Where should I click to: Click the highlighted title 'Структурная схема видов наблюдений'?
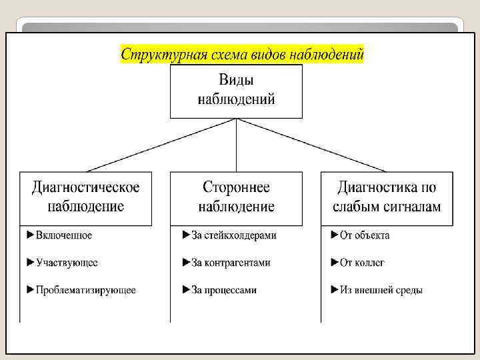(242, 54)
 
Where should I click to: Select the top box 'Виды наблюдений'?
(236, 91)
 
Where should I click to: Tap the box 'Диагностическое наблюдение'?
(85, 197)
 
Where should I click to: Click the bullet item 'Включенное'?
(63, 235)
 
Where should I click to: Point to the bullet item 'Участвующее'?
(67, 263)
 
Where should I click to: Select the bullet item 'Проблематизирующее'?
(85, 290)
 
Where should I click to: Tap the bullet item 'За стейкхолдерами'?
(233, 235)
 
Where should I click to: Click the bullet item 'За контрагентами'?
(231, 263)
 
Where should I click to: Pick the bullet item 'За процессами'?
(223, 290)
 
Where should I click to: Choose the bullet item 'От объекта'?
(365, 235)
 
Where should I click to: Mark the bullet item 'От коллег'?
(362, 263)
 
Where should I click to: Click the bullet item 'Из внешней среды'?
(381, 290)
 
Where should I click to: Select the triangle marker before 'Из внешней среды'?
(335, 290)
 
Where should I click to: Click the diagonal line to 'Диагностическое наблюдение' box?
(160, 145)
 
